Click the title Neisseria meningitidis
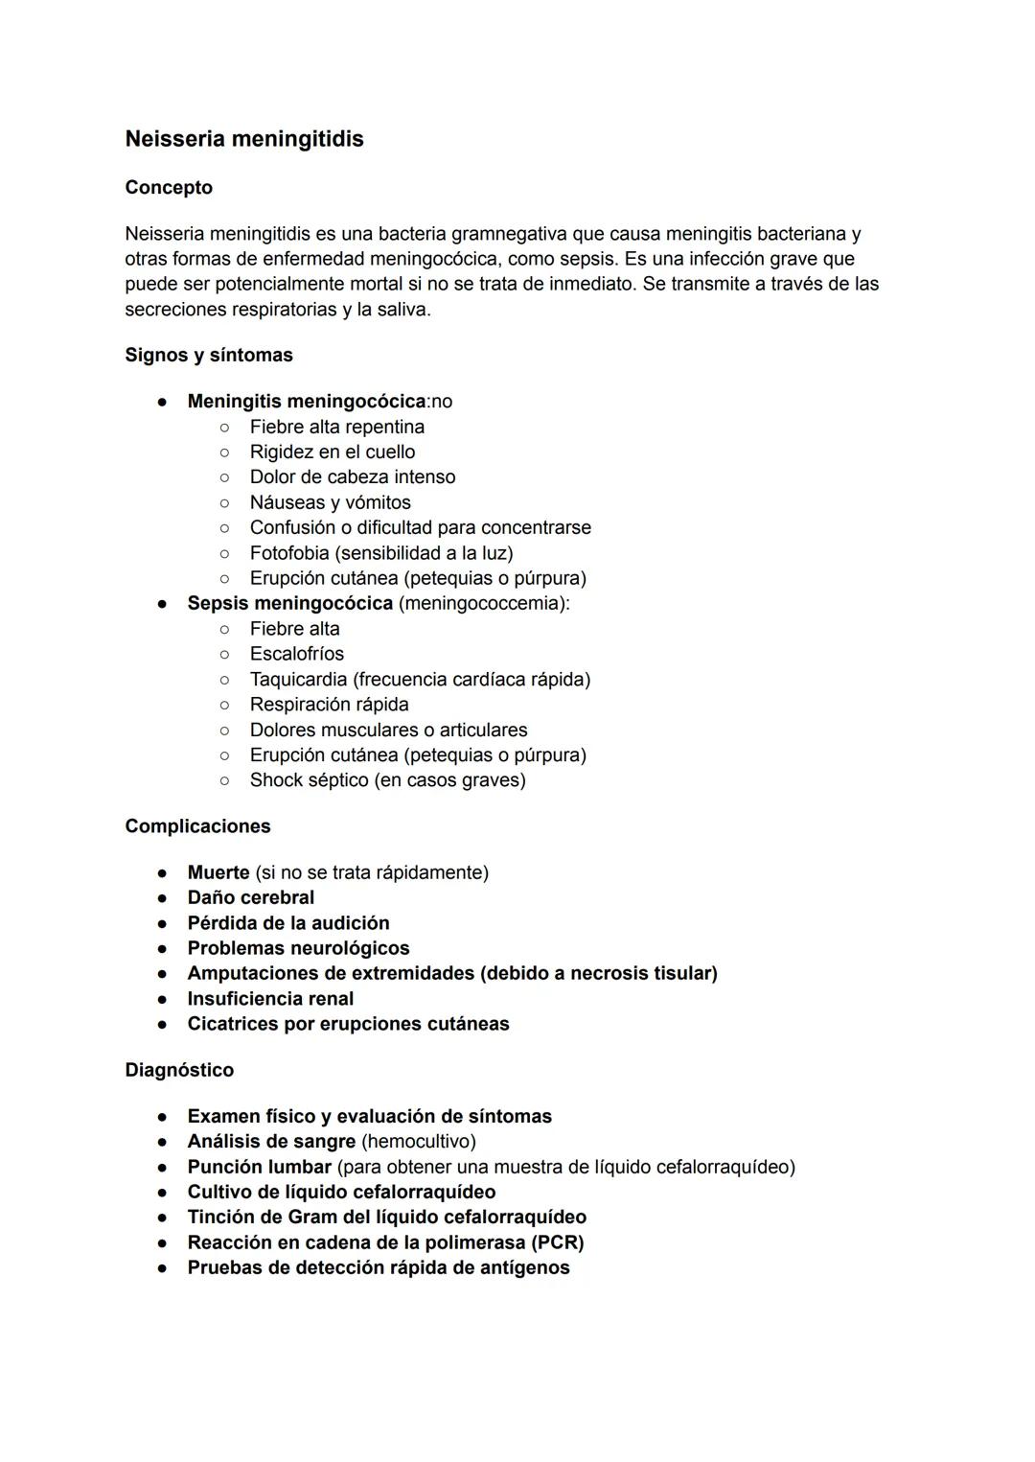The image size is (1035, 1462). [x=244, y=139]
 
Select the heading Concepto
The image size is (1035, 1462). [x=169, y=187]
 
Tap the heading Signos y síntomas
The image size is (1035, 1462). [x=209, y=355]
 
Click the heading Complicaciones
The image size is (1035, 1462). [x=197, y=826]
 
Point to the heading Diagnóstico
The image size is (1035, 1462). [x=179, y=1070]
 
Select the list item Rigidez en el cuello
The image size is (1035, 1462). [x=333, y=452]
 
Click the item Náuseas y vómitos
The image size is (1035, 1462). [x=330, y=502]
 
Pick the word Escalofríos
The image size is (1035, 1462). [x=297, y=654]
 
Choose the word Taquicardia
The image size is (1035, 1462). [x=298, y=680]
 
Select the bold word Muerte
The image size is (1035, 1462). [x=218, y=872]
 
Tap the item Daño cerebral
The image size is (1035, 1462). [x=251, y=897]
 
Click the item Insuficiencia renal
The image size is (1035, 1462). [x=270, y=999]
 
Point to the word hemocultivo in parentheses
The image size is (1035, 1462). [x=418, y=1142]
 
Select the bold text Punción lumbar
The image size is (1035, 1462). [x=259, y=1167]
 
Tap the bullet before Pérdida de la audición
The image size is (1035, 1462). [x=164, y=923]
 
